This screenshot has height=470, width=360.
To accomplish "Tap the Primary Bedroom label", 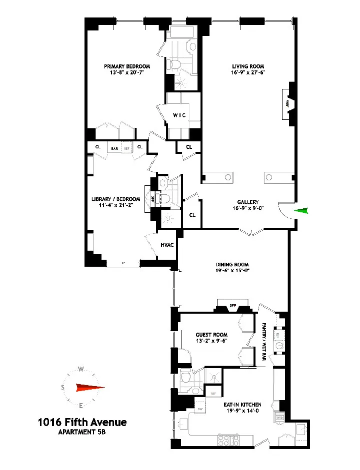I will coord(127,66).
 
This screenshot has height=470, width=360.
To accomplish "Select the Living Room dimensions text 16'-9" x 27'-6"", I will coord(248,73).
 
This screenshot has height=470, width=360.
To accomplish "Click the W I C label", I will coord(179,115).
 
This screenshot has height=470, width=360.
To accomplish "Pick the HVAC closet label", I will coord(167,245).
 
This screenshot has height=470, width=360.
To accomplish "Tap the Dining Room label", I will coord(232,265).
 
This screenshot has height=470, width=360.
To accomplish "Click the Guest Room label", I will coord(212,335).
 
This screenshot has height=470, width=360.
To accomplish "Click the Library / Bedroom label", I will coord(115,199).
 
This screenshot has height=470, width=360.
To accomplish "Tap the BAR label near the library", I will coord(114,148).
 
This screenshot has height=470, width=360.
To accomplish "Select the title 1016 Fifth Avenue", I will coord(82,423).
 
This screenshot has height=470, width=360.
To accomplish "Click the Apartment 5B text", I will coord(82,433).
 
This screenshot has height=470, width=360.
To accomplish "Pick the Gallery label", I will coord(245,202).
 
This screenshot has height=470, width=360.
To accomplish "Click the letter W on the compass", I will coord(80,370).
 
